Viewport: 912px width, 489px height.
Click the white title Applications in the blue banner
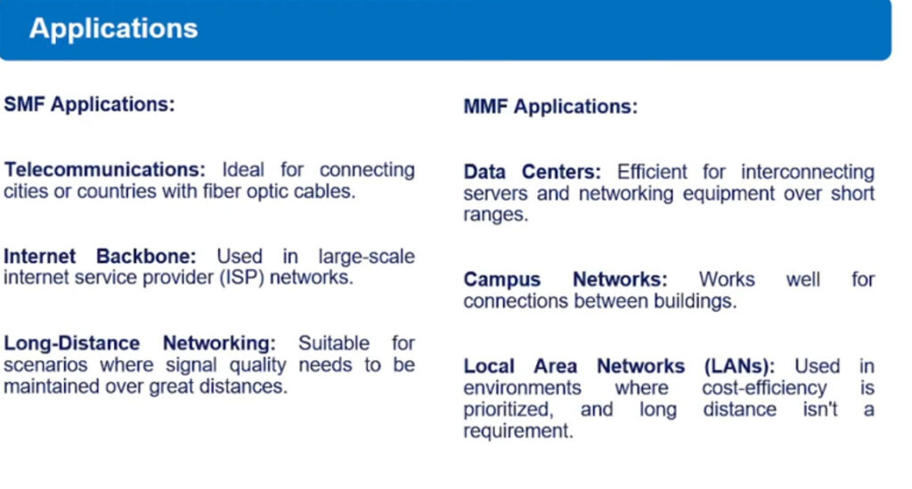pos(113,29)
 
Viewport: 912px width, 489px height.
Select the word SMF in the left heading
pos(24,105)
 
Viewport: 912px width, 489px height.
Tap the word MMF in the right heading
pos(485,107)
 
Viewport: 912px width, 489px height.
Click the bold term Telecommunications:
pos(105,170)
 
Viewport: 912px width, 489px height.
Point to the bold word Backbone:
pos(146,257)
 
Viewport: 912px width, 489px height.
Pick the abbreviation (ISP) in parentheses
pos(242,278)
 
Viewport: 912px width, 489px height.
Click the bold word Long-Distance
pos(71,343)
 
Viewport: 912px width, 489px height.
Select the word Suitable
pos(334,343)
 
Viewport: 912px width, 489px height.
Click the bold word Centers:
pos(561,172)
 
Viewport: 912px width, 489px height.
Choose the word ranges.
pos(495,216)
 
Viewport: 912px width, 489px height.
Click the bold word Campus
pos(502,280)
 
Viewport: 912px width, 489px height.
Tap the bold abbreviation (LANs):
pos(739,366)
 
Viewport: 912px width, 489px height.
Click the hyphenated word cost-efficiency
pos(764,387)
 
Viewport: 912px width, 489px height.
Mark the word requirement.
pos(518,431)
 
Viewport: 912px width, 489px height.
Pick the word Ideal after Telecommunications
pos(243,170)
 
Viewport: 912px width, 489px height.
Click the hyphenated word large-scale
pos(366,257)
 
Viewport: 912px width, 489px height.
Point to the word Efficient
pos(652,172)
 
